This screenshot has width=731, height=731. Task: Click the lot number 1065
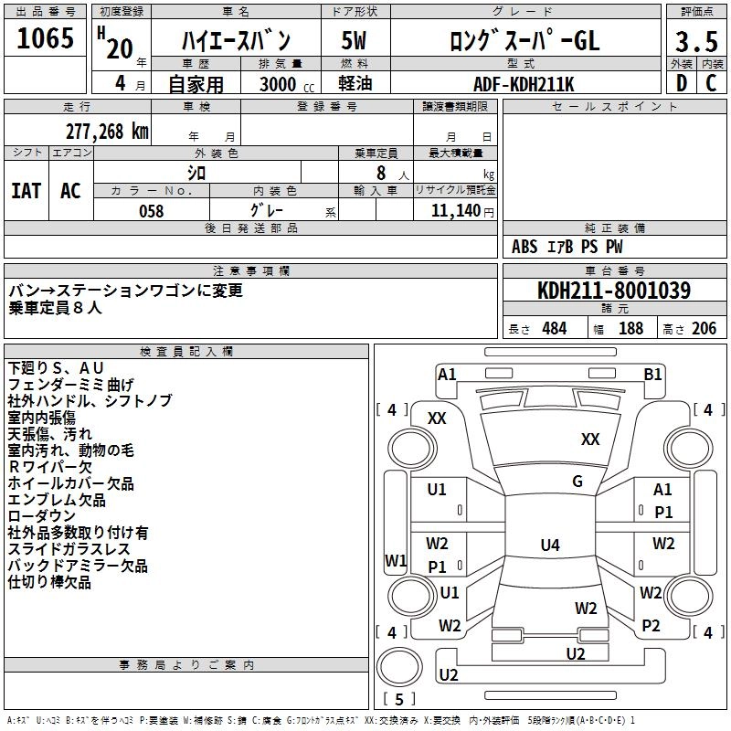(x=46, y=38)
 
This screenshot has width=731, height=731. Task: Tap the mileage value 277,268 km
(x=107, y=132)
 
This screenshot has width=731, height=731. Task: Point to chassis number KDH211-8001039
(x=614, y=291)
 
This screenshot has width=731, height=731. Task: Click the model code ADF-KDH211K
(x=524, y=84)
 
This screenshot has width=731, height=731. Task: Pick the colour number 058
(x=151, y=211)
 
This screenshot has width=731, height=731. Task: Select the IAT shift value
(x=26, y=191)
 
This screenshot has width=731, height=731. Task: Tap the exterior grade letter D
(x=681, y=84)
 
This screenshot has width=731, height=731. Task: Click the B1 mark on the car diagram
(x=652, y=374)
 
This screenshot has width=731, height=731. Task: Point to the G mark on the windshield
(x=577, y=482)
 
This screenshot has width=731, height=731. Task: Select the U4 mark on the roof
(x=549, y=546)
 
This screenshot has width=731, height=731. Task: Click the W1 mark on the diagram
(x=396, y=560)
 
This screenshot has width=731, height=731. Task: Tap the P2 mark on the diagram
(x=651, y=625)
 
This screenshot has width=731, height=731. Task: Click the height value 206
(x=704, y=329)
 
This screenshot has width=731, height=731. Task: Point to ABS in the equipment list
(x=524, y=247)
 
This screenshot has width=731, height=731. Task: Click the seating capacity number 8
(x=378, y=173)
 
